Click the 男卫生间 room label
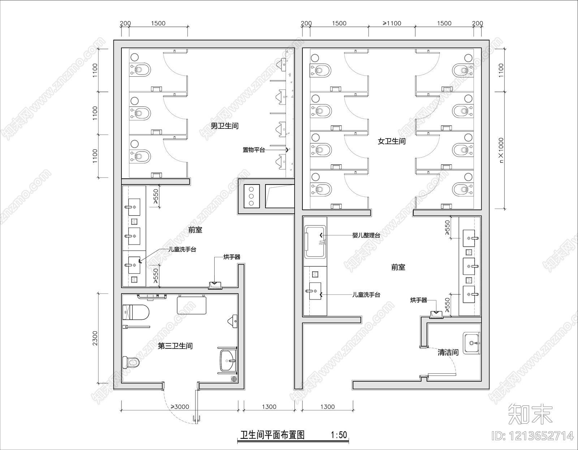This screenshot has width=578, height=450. coord(224,126)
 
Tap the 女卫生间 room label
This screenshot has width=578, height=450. coord(392,141)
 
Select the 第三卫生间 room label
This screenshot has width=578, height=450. coord(175,346)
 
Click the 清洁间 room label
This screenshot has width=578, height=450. coord(448,352)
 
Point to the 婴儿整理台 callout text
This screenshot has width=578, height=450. coord(366,235)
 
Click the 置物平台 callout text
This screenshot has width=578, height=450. coord(254,150)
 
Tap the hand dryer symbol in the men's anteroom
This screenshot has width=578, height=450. coord(215,285)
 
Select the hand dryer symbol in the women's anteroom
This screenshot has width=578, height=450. coord(436,314)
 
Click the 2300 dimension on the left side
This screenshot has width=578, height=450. coord(95,338)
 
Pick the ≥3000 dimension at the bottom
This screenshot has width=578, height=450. coord(180,407)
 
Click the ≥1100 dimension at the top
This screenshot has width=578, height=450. coord(392,24)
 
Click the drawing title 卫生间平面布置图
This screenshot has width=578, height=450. coord(273,434)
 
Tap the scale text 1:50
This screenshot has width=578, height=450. coord(338,434)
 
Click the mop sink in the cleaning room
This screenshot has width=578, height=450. coord(471,342)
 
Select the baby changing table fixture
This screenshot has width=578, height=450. coord(315,241)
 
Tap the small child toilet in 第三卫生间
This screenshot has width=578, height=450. coord(130,362)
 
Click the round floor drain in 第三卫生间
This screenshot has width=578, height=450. coord(234,379)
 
